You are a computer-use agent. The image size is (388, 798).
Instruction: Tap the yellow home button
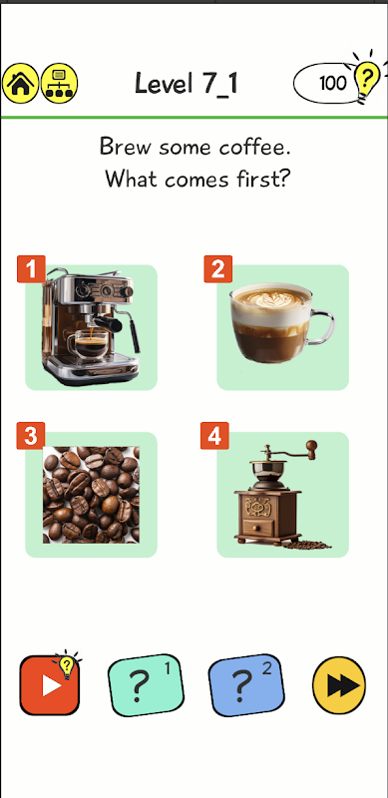point(20,83)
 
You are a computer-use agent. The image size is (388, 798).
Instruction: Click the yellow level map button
point(59,83)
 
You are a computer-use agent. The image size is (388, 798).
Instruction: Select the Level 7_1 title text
point(187,84)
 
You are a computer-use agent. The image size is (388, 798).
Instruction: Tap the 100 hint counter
point(333,83)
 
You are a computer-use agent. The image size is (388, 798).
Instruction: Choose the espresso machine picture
point(91,326)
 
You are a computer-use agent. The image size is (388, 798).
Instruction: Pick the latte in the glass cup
point(282,322)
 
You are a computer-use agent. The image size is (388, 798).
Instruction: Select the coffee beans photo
point(91,495)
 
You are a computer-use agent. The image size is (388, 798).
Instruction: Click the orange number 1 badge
point(32,268)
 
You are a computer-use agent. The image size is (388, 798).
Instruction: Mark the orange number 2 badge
point(217,268)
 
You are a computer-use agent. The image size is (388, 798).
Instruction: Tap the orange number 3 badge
point(31,436)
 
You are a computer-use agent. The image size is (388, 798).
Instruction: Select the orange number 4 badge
point(214,436)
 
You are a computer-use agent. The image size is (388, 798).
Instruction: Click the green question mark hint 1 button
point(147,685)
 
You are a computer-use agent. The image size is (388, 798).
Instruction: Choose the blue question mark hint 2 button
point(247,685)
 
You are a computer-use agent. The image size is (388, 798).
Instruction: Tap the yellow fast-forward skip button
point(339,685)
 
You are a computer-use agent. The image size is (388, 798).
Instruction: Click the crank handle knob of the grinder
point(311,448)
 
